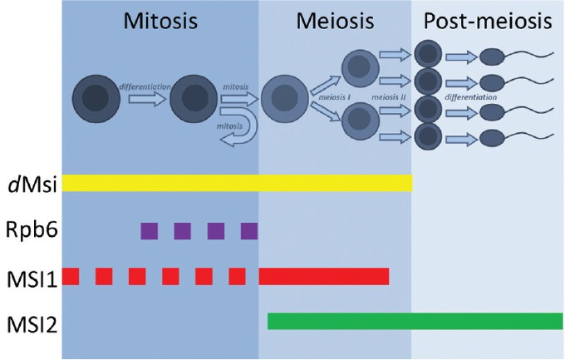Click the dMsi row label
(x=29, y=184)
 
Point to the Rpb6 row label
(x=29, y=230)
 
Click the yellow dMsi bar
(x=237, y=183)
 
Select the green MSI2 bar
(x=415, y=321)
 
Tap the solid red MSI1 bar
(x=324, y=276)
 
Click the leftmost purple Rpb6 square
(x=150, y=230)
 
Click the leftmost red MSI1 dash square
(x=71, y=276)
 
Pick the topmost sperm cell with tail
(x=507, y=57)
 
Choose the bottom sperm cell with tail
(x=507, y=136)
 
